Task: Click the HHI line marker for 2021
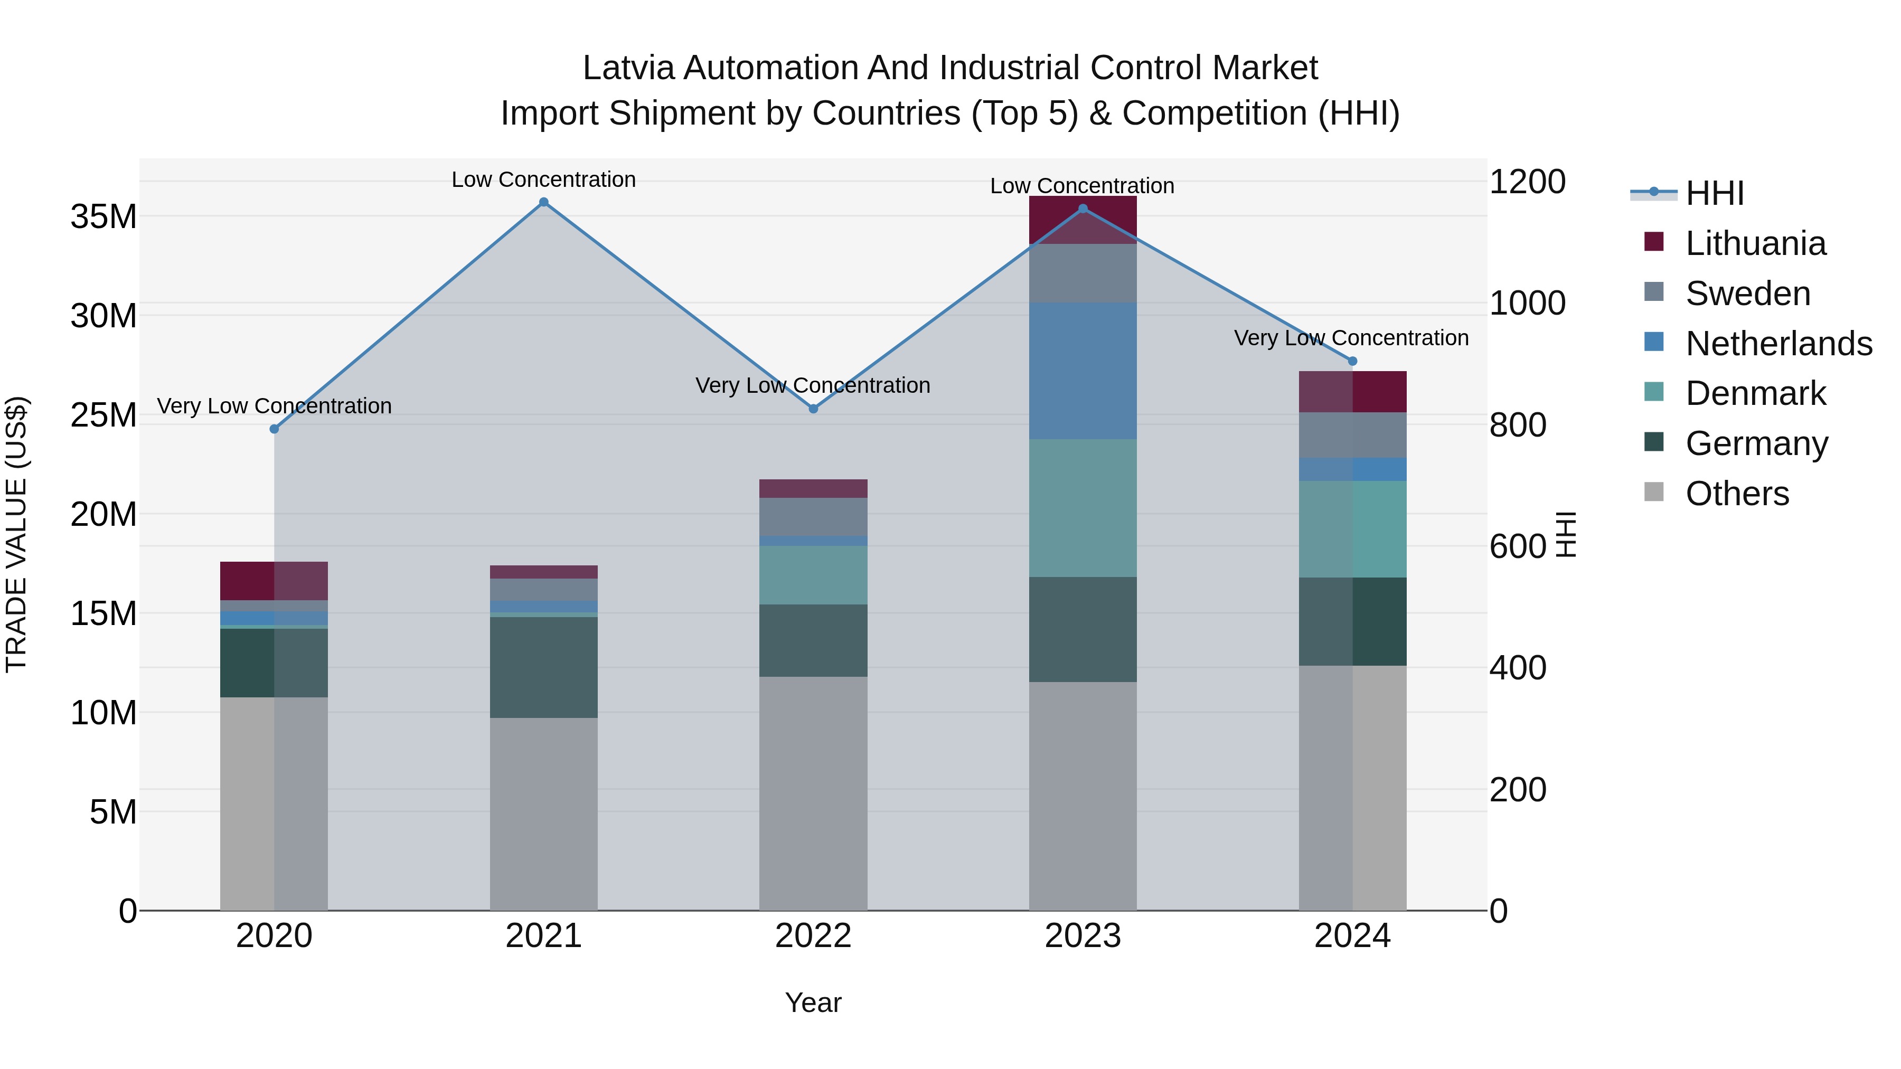(x=543, y=202)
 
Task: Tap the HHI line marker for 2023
(x=1083, y=209)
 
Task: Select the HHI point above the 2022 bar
(x=813, y=409)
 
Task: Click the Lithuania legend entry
(x=1755, y=243)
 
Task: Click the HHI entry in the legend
(x=1714, y=193)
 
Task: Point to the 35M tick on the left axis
(x=103, y=217)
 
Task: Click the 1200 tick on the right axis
(x=1526, y=182)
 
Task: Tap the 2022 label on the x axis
(x=813, y=936)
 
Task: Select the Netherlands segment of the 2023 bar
(x=1083, y=371)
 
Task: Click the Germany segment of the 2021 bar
(x=543, y=668)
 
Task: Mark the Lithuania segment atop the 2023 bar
(x=1083, y=220)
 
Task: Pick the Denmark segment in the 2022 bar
(x=813, y=575)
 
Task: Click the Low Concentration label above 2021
(x=543, y=180)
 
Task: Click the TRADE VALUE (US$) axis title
(x=17, y=534)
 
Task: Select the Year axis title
(x=813, y=1002)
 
